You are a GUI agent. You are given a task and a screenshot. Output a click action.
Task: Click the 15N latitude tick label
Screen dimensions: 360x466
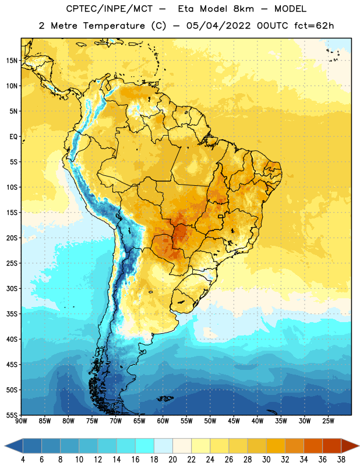pyautogui.click(x=12, y=61)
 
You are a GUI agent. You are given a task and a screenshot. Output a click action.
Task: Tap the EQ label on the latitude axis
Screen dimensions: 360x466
pyautogui.click(x=13, y=137)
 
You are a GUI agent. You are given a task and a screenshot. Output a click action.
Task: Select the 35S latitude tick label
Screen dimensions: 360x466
pyautogui.click(x=12, y=314)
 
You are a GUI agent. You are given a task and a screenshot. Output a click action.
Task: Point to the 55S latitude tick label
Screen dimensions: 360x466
pyautogui.click(x=12, y=415)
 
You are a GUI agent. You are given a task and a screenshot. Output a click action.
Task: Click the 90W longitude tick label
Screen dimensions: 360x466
pyautogui.click(x=21, y=421)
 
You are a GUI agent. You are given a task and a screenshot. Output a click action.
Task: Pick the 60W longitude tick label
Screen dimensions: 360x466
pyautogui.click(x=163, y=421)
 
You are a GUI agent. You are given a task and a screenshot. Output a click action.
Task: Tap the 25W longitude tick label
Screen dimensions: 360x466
pyautogui.click(x=328, y=421)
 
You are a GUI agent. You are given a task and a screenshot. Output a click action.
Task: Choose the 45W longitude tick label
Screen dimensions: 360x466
pyautogui.click(x=234, y=421)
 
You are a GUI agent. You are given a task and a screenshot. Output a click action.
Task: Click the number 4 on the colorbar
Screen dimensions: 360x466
pyautogui.click(x=23, y=460)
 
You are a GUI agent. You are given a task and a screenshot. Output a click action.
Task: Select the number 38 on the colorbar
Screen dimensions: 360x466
pyautogui.click(x=341, y=460)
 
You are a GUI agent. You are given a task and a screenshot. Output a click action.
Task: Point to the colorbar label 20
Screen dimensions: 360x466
pyautogui.click(x=172, y=460)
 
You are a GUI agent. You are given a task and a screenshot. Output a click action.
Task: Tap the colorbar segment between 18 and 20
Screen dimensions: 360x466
pyautogui.click(x=163, y=446)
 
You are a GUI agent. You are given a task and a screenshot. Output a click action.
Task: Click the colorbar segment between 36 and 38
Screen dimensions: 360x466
pyautogui.click(x=332, y=446)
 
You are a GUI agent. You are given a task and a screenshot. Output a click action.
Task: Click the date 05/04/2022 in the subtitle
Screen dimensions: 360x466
pyautogui.click(x=218, y=26)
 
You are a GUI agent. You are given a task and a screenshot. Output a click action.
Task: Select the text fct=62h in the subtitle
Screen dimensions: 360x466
pyautogui.click(x=314, y=26)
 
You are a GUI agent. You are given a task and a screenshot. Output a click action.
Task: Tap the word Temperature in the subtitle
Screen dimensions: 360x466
pyautogui.click(x=114, y=26)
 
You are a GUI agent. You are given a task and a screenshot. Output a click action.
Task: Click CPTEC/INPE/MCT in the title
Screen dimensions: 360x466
pyautogui.click(x=109, y=9)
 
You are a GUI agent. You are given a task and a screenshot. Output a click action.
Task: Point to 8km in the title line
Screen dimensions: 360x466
pyautogui.click(x=243, y=9)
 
